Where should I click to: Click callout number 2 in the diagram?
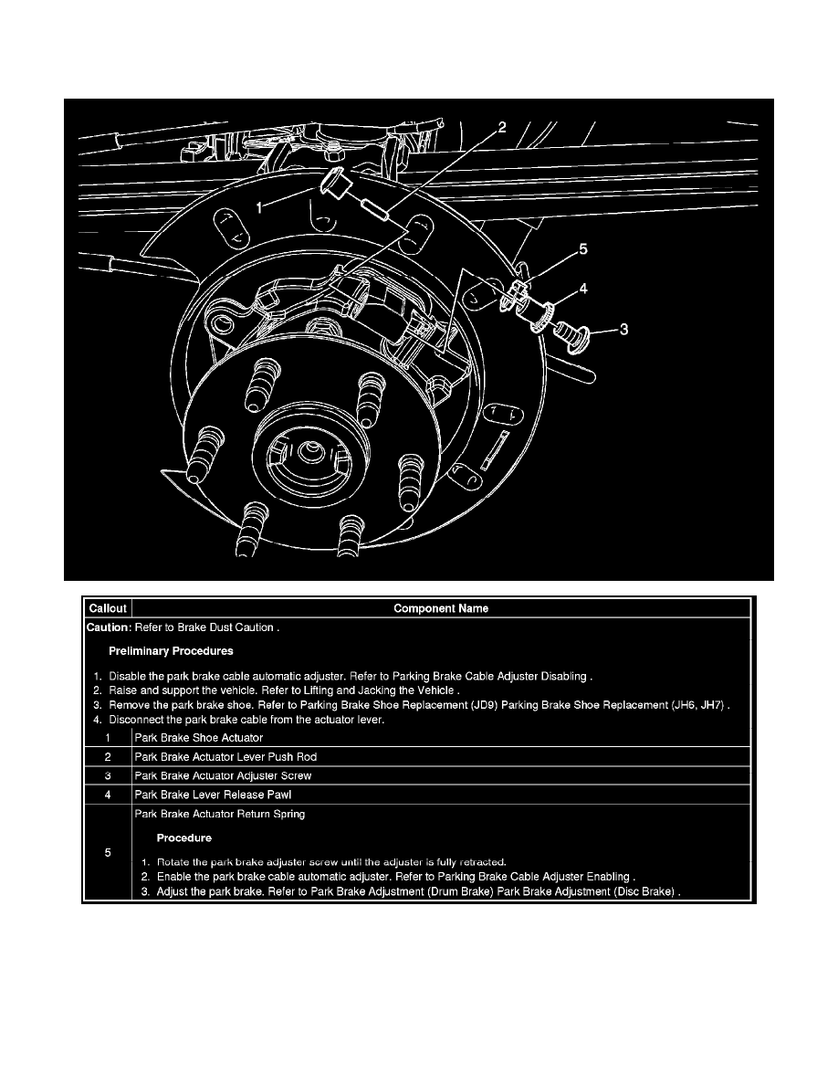(501, 127)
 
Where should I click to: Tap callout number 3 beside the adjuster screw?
(623, 330)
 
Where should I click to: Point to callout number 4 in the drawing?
(582, 290)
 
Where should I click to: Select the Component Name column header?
(441, 608)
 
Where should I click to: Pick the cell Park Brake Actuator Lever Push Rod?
(225, 756)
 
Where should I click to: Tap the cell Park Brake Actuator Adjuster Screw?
(222, 775)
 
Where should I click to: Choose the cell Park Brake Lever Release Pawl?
(206, 795)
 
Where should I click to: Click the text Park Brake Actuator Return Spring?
(219, 814)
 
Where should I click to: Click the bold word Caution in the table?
(108, 627)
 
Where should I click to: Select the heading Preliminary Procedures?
(171, 651)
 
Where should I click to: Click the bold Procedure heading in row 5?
(183, 837)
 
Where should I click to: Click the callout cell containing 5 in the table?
(109, 853)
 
